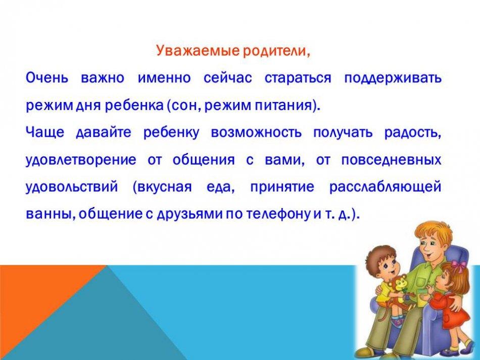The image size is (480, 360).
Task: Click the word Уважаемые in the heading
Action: point(198,50)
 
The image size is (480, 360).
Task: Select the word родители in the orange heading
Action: point(274,51)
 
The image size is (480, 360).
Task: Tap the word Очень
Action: point(47,78)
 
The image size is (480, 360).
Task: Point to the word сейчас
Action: point(228,78)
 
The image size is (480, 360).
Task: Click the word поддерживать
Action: point(393,78)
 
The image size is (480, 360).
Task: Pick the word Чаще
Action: point(45,132)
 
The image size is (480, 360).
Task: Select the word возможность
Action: point(256,132)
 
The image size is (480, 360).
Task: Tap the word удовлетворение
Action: point(81,160)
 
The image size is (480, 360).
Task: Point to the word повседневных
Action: point(391,160)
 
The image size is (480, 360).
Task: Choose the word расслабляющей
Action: point(385,187)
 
